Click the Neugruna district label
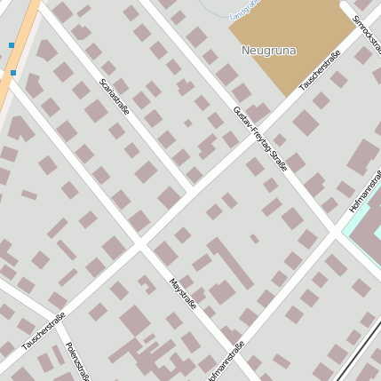coord(268,51)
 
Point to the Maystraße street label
coord(182,292)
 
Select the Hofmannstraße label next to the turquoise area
coord(363,191)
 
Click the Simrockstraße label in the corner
coord(367,32)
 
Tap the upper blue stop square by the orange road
coord(12,44)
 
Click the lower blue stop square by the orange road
coord(13,73)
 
